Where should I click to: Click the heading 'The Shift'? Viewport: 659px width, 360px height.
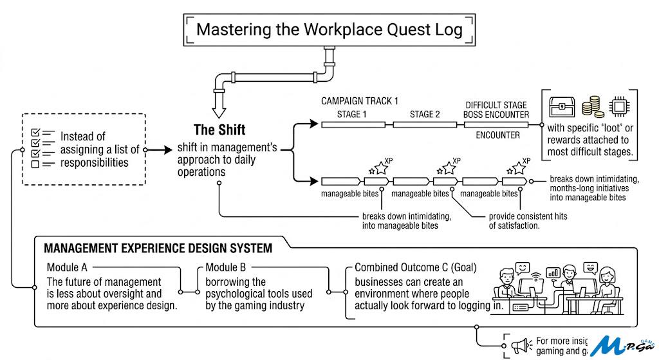(x=219, y=129)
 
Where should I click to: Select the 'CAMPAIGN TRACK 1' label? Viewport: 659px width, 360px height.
(x=360, y=101)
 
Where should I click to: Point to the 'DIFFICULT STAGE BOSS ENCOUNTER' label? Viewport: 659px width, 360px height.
(x=497, y=109)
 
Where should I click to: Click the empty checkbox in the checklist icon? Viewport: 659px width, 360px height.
(x=37, y=164)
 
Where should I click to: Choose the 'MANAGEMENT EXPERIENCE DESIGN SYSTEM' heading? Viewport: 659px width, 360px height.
(x=158, y=248)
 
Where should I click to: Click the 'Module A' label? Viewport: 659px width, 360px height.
(x=67, y=267)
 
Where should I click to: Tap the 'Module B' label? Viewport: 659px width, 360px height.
(x=225, y=267)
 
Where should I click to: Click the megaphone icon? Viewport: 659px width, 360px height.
(x=519, y=346)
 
